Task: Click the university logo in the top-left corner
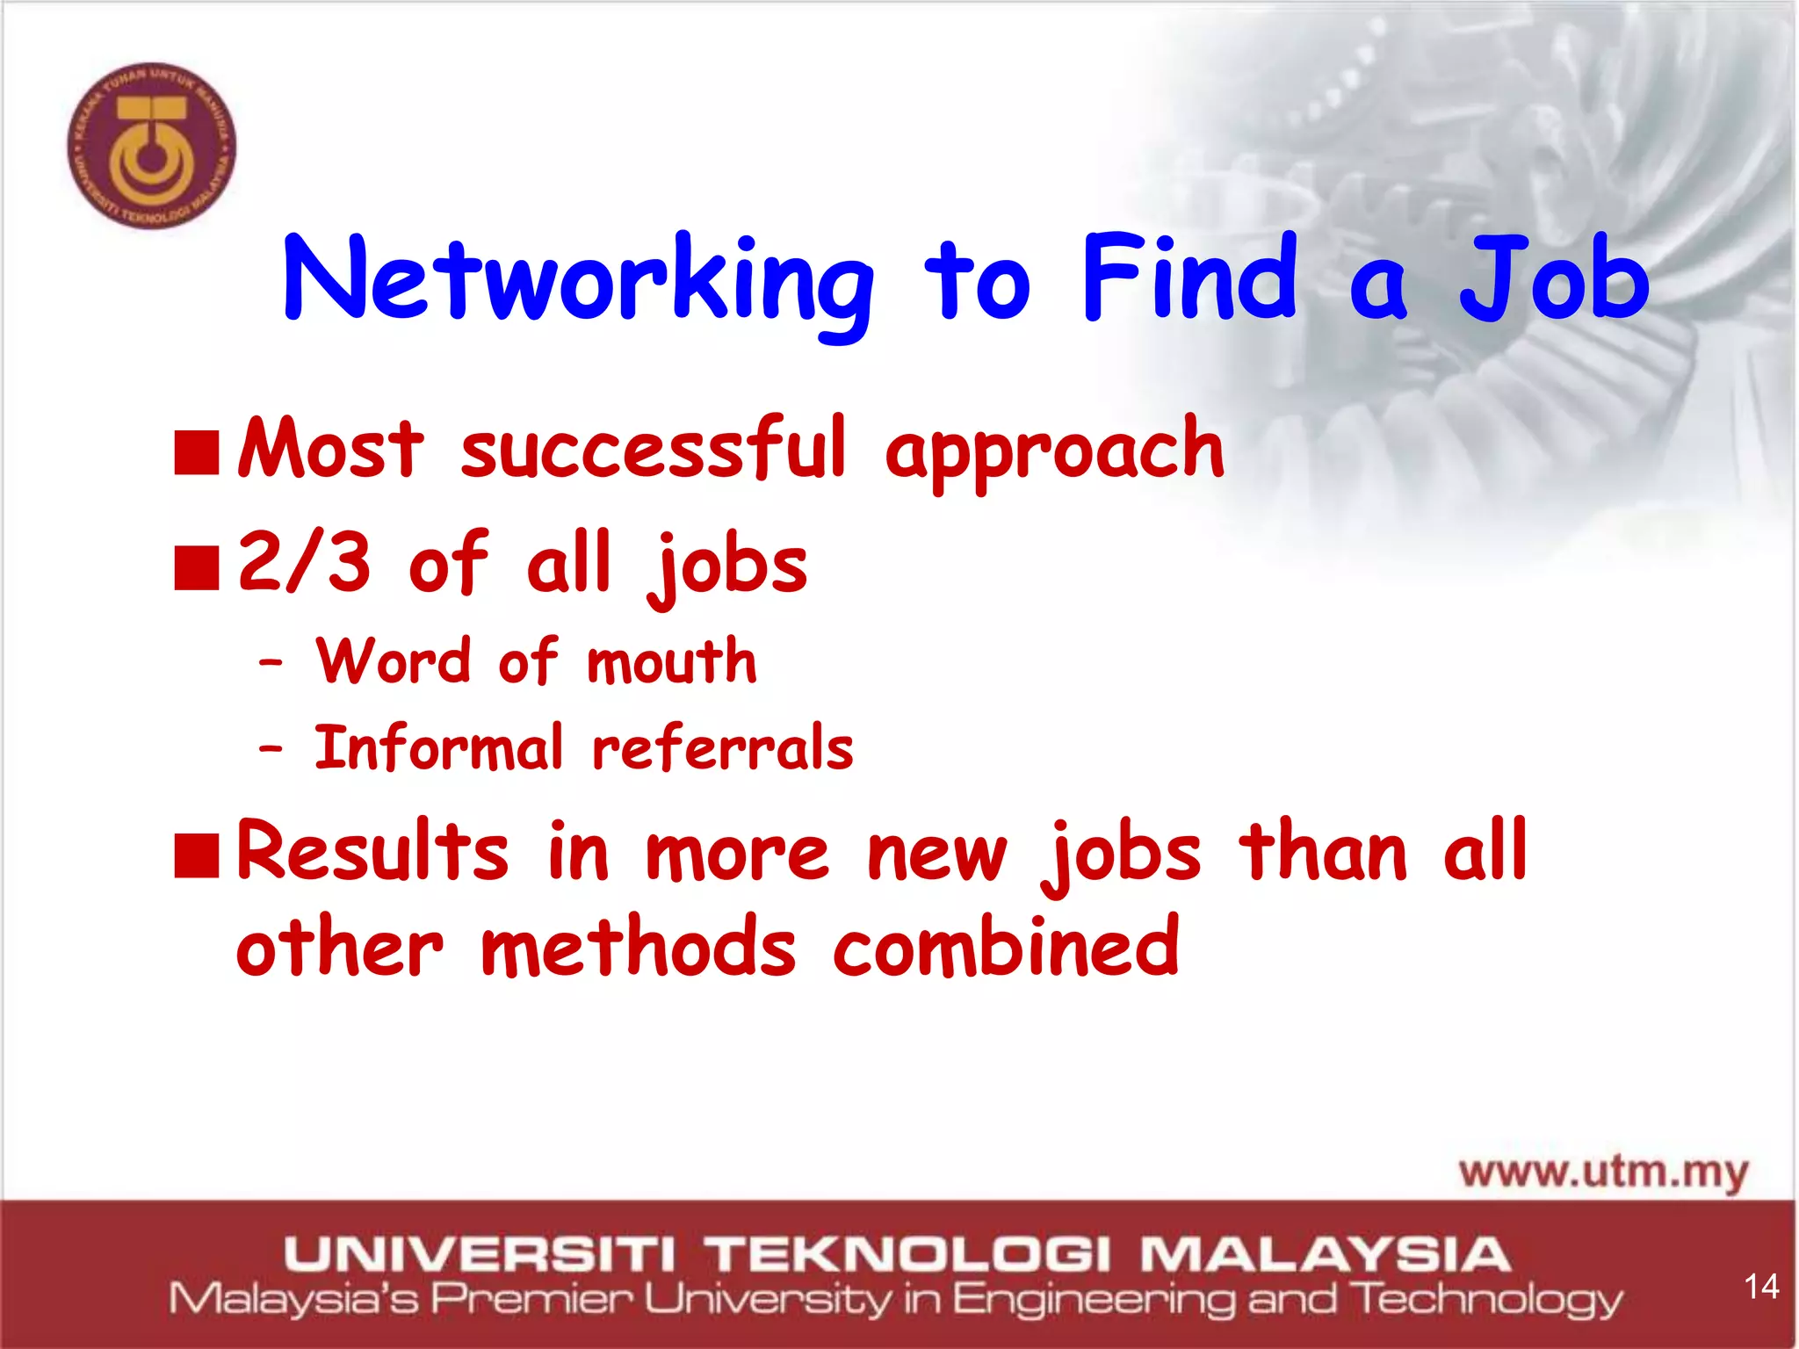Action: click(x=152, y=146)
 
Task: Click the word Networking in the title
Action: click(x=578, y=280)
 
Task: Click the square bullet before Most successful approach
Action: click(x=196, y=452)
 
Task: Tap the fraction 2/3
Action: click(x=305, y=562)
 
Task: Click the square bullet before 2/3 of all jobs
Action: click(x=196, y=567)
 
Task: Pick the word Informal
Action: click(x=438, y=748)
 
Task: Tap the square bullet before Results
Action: click(x=196, y=855)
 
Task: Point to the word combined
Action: click(x=1006, y=947)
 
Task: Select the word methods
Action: click(x=639, y=947)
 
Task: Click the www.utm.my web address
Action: click(x=1603, y=1172)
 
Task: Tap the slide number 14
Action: click(x=1760, y=1287)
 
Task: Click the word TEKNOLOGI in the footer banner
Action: click(x=910, y=1253)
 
